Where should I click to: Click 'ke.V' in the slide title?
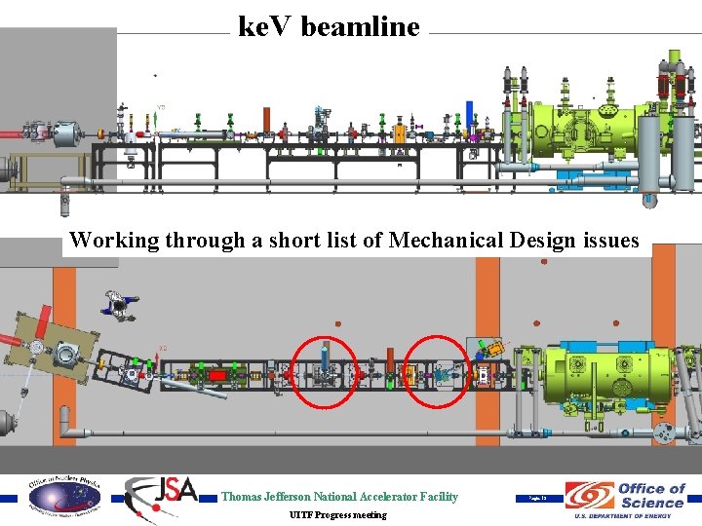[x=266, y=27]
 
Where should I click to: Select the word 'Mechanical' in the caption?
[x=445, y=240]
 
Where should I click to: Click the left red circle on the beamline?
[x=325, y=372]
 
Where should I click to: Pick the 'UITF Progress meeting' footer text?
[x=337, y=515]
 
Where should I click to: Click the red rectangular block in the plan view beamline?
[x=216, y=375]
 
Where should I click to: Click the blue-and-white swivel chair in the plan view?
[x=119, y=303]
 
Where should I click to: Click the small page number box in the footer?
[x=539, y=498]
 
